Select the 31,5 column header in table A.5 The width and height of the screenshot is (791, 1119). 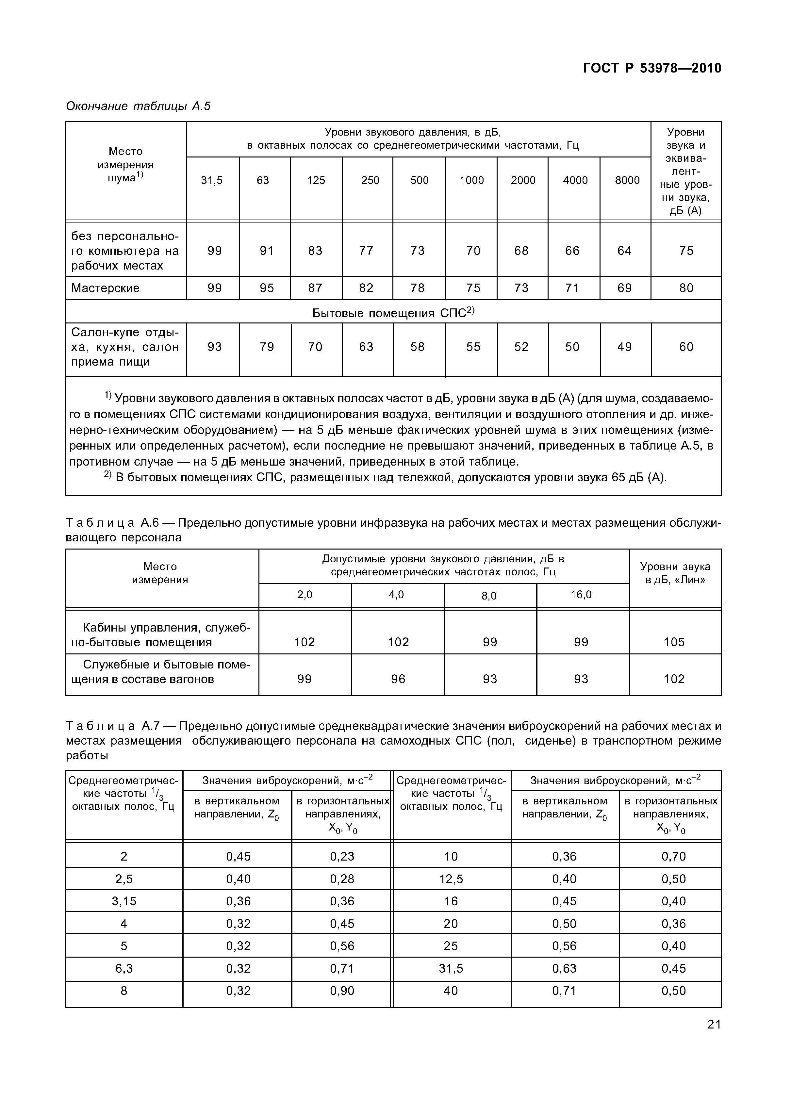click(x=212, y=180)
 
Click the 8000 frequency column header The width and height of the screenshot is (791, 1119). click(x=627, y=180)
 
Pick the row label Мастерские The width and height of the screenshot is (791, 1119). click(x=105, y=288)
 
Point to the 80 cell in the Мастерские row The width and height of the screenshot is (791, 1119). click(x=686, y=288)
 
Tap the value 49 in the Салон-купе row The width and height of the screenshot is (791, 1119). click(x=624, y=347)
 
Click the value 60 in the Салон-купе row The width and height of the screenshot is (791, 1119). click(x=686, y=347)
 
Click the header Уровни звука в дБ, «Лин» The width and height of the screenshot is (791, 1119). click(x=675, y=573)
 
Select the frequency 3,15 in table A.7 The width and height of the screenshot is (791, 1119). click(x=124, y=901)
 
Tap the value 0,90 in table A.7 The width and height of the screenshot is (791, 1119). click(x=342, y=991)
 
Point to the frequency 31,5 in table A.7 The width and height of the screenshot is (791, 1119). click(x=451, y=968)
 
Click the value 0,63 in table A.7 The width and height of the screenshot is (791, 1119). click(x=564, y=968)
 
